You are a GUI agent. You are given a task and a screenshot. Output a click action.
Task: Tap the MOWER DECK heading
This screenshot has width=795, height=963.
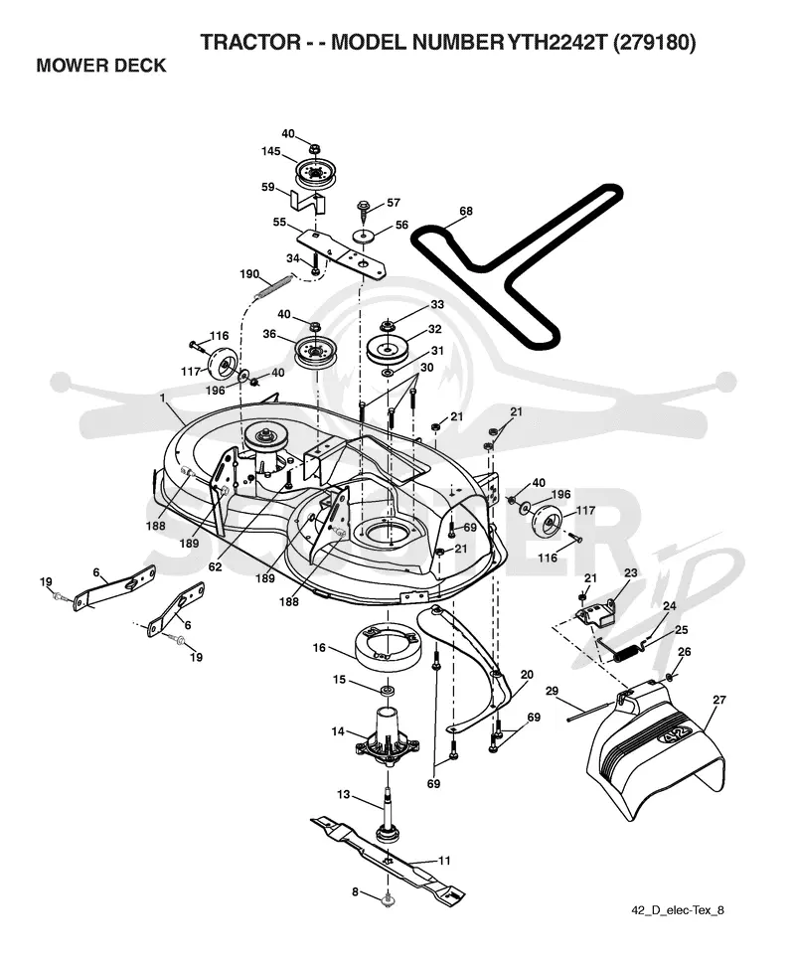(101, 66)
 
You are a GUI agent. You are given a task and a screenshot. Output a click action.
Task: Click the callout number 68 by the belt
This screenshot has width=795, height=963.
(466, 212)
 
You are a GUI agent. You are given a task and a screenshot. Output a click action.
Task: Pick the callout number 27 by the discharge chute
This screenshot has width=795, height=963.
(718, 700)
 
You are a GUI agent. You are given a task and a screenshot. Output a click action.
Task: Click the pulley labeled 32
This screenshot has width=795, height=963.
(388, 351)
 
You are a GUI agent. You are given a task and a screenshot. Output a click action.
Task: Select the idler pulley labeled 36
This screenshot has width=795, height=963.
(316, 352)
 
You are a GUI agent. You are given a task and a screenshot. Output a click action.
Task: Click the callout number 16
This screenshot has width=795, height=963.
(319, 648)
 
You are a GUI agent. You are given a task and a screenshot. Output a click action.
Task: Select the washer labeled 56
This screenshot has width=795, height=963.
(364, 237)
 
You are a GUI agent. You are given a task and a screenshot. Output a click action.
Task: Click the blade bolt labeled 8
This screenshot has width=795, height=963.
(388, 900)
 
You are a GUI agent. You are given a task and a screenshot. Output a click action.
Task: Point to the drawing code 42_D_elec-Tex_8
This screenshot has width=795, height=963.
(677, 910)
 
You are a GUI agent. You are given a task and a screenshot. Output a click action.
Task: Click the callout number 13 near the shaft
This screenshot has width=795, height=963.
(343, 794)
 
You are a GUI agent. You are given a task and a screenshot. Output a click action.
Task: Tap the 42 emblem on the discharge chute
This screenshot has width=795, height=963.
(676, 736)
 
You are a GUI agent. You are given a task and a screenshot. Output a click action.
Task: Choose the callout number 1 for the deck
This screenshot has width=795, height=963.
(163, 398)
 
